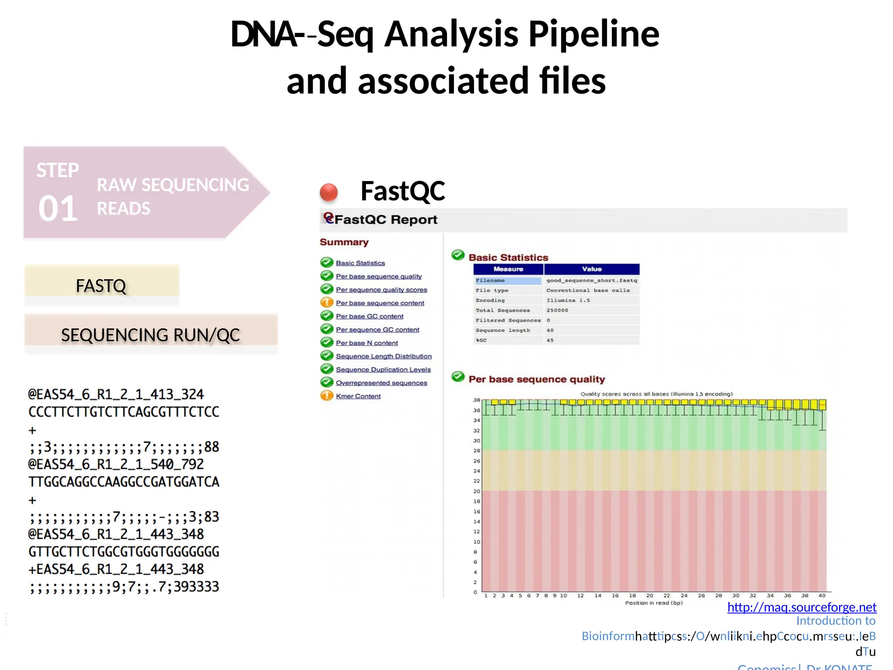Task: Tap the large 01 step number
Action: pos(58,209)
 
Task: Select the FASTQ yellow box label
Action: pos(101,286)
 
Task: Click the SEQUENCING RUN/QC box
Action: pos(150,335)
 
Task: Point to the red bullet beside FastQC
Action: pos(329,192)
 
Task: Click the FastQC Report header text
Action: pos(385,219)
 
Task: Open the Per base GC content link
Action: pos(369,316)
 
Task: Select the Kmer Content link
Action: pos(358,396)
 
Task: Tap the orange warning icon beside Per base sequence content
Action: pos(327,302)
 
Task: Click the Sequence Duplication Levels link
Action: pos(383,369)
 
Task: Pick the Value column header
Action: pos(591,269)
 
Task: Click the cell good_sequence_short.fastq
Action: pos(591,280)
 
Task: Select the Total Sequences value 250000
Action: pos(557,310)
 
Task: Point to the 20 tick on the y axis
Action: pos(477,491)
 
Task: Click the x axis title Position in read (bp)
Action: pos(654,603)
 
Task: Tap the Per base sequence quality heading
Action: pos(536,379)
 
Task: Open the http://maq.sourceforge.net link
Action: pos(801,607)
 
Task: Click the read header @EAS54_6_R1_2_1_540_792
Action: pos(116,464)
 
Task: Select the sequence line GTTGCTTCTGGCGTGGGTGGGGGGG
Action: pos(124,552)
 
